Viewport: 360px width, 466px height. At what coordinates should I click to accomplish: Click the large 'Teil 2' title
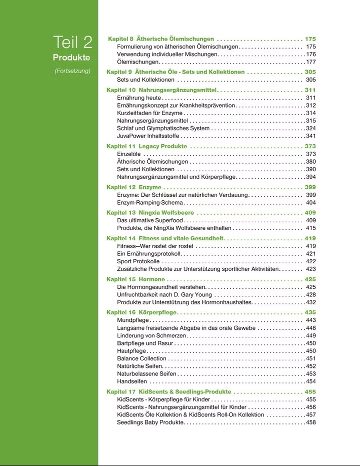coord(73,42)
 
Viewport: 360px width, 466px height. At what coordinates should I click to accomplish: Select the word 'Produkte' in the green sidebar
coord(71,57)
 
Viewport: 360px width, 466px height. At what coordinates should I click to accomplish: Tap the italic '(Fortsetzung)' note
coord(72,71)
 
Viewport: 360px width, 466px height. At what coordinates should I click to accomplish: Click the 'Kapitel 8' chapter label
coord(120,39)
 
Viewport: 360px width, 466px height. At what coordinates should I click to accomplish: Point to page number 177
coord(310,62)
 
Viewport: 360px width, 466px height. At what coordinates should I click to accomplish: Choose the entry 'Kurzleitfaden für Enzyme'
coord(149,113)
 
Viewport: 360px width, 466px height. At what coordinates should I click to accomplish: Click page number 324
coord(310,129)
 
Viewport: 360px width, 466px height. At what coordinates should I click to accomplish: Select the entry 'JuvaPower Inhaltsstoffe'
coord(148,136)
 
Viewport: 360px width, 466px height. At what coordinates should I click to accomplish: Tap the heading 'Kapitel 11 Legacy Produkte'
coord(147,146)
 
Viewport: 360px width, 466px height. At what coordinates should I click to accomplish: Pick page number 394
coord(310,177)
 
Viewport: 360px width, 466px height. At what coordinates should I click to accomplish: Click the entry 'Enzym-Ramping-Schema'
coord(150,203)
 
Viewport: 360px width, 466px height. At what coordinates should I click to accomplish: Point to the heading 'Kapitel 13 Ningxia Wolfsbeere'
coord(150,213)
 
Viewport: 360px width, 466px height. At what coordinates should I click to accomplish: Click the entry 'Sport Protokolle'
coord(138,261)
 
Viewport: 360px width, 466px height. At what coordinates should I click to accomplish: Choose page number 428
coord(310,295)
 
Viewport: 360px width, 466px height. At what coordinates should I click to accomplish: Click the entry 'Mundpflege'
coord(132,320)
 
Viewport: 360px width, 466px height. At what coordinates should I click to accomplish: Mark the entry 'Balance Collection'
coord(141,358)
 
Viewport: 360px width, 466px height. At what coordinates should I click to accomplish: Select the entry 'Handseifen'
coord(132,381)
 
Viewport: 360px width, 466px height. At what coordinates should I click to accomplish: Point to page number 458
coord(310,422)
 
